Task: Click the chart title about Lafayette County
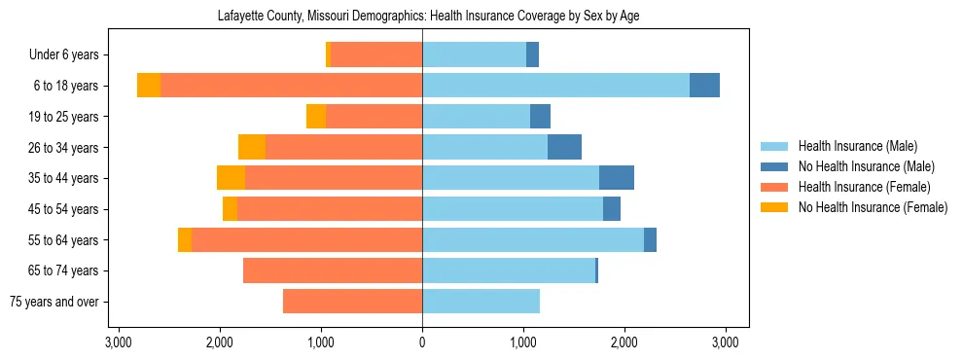pyautogui.click(x=421, y=16)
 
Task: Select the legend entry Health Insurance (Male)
pyautogui.click(x=857, y=146)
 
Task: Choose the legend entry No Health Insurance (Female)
pyautogui.click(x=873, y=207)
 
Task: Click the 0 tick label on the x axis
pyautogui.click(x=422, y=342)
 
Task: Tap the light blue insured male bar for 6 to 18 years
pyautogui.click(x=555, y=86)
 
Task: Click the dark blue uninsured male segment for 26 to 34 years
pyautogui.click(x=564, y=147)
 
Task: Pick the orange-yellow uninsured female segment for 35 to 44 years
pyautogui.click(x=231, y=178)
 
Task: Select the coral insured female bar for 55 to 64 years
pyautogui.click(x=306, y=239)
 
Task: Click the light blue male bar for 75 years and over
pyautogui.click(x=481, y=302)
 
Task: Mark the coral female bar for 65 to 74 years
pyautogui.click(x=333, y=270)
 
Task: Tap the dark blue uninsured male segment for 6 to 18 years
pyautogui.click(x=704, y=86)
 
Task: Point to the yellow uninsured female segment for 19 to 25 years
pyautogui.click(x=316, y=117)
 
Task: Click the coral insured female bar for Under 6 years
pyautogui.click(x=376, y=54)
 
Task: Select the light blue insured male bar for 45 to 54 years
pyautogui.click(x=513, y=209)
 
